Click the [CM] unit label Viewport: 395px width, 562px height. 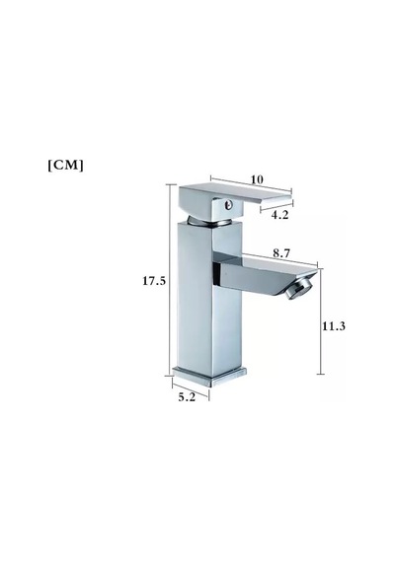pos(66,166)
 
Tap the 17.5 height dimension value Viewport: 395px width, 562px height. pos(154,281)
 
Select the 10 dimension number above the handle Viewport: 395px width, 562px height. pos(257,179)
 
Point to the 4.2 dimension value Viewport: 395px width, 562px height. pos(279,215)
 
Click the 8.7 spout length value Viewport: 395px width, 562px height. pos(281,253)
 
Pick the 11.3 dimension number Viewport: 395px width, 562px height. pos(334,326)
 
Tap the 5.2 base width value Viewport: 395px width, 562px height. pos(187,397)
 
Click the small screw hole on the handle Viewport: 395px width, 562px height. pos(228,205)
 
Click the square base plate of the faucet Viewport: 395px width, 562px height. pos(209,377)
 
